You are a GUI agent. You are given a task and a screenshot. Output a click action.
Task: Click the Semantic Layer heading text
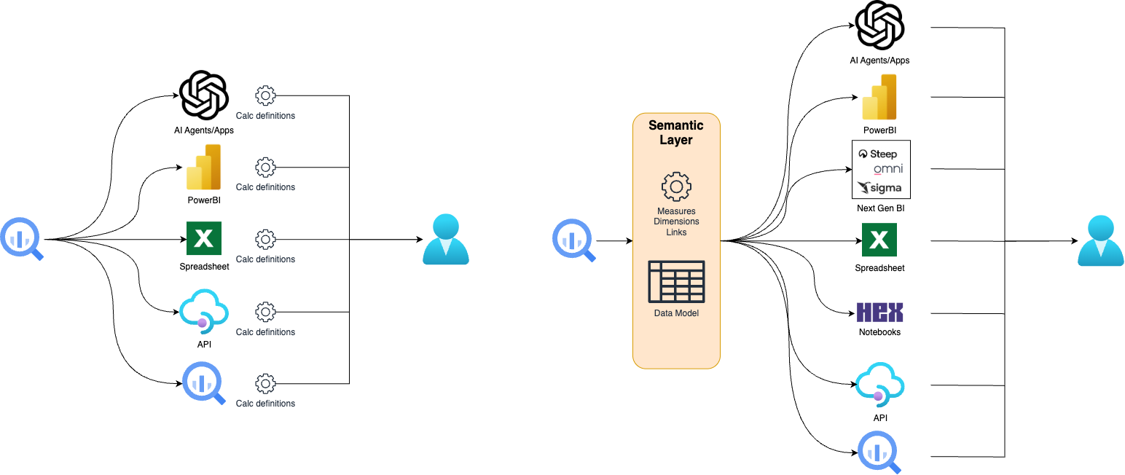point(676,133)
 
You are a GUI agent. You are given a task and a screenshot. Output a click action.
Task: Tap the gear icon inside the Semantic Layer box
point(676,187)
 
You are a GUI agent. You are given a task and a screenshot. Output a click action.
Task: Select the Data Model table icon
point(676,281)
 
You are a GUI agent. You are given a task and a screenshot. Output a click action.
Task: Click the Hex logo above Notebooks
point(879,313)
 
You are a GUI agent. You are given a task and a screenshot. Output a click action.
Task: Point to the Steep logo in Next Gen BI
point(879,154)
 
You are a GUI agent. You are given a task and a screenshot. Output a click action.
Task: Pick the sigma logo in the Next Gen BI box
point(879,188)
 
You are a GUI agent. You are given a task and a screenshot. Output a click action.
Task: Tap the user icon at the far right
point(1100,240)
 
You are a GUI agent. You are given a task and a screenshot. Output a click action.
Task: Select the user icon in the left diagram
point(445,239)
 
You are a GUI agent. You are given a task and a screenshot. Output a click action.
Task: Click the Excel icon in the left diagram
point(204,238)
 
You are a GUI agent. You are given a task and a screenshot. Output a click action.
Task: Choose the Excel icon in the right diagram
point(879,240)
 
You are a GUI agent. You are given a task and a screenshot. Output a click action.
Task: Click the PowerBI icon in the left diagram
point(204,168)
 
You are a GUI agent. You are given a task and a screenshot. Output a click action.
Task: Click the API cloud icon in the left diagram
point(204,311)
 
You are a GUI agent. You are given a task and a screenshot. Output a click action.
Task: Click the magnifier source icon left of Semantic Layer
point(574,240)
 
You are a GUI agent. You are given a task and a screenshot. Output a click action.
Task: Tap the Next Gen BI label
point(881,208)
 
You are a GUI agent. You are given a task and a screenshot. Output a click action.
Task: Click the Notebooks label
point(879,332)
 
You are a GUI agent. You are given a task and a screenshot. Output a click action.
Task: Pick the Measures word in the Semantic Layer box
point(676,211)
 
